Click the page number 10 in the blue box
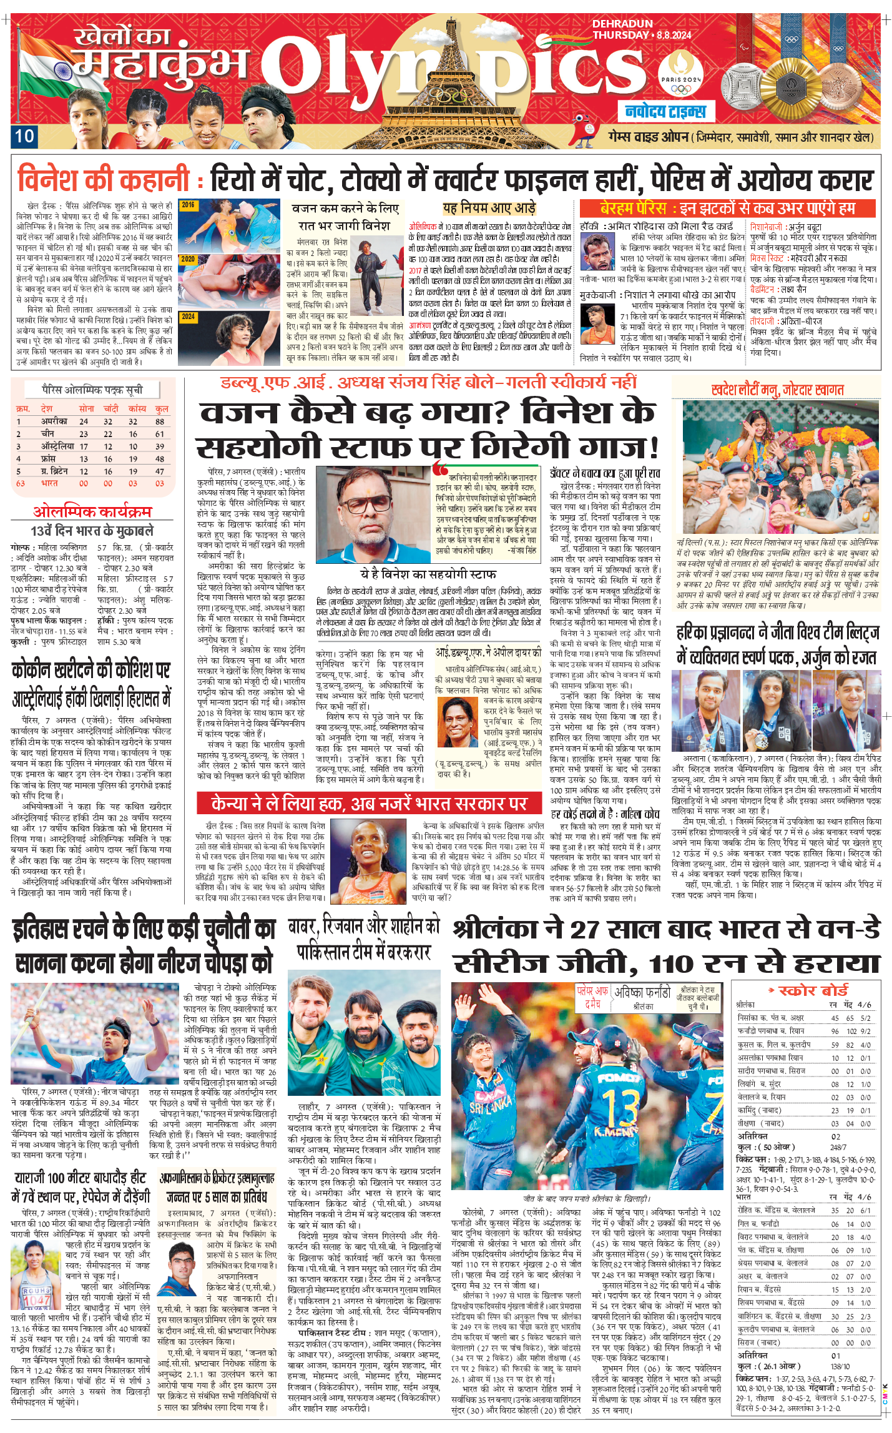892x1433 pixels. coord(24,136)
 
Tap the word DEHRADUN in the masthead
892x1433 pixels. coord(622,24)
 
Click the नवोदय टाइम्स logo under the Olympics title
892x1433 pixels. coord(665,112)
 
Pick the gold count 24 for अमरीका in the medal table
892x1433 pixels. coord(84,421)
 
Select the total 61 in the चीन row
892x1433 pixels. coord(160,434)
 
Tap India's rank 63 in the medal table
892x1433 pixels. coord(20,483)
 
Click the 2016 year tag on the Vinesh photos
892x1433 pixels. coord(188,205)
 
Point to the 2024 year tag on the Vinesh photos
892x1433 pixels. coord(188,317)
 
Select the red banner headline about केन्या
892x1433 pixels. coord(370,803)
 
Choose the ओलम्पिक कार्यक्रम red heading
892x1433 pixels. coord(92,512)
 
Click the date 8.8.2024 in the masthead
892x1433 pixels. coord(674,35)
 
